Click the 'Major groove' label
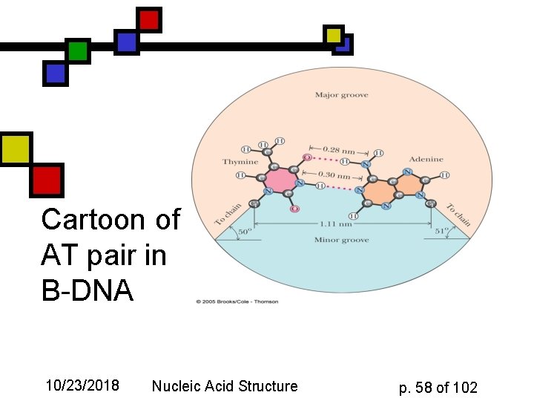click(341, 95)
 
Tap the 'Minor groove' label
click(341, 240)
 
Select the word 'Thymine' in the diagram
click(240, 161)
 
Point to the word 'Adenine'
click(426, 159)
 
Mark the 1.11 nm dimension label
click(341, 223)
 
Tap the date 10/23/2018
click(82, 385)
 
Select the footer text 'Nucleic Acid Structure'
click(224, 385)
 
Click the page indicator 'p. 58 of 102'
click(438, 387)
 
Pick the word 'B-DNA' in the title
click(88, 291)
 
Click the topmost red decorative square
click(149, 19)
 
